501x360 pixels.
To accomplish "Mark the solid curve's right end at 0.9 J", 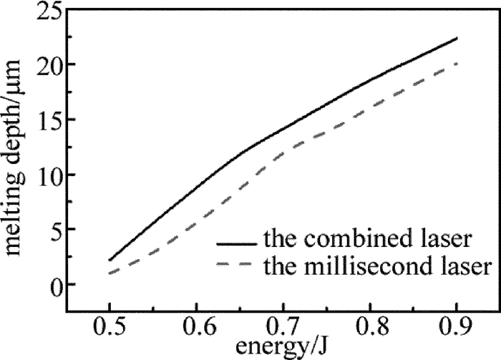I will tap(457, 38).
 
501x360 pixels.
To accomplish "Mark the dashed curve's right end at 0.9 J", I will tap(457, 64).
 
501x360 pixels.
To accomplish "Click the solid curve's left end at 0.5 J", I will tap(110, 261).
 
